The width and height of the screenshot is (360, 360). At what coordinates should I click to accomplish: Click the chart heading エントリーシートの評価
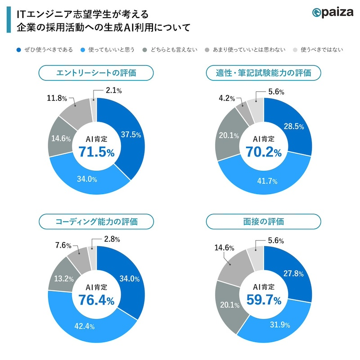click(96, 72)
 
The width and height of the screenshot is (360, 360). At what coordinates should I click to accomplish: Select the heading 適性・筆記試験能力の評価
click(263, 72)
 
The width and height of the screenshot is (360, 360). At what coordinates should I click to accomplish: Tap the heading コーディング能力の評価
click(96, 221)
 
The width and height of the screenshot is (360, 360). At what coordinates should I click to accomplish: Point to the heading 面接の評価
click(263, 221)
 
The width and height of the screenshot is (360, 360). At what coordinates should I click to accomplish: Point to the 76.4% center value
click(96, 300)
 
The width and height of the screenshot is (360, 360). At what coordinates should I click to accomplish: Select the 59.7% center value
click(264, 300)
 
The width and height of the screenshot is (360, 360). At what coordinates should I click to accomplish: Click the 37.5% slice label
click(131, 135)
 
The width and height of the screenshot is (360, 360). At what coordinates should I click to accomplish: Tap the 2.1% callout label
click(112, 91)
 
